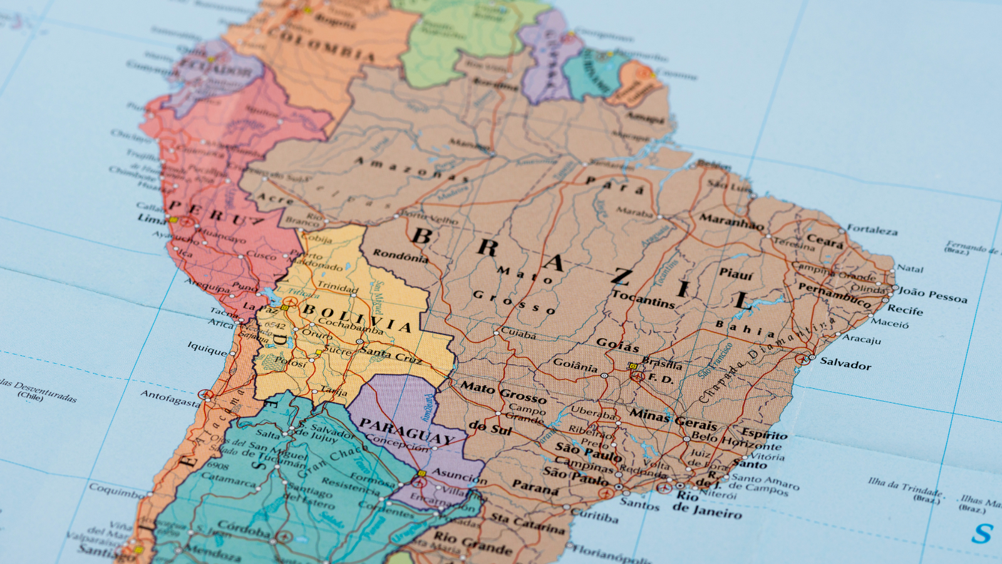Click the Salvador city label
click(845, 363)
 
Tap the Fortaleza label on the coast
click(872, 230)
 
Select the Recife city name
click(904, 310)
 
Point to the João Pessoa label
click(932, 294)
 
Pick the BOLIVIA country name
click(357, 317)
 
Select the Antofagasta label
click(170, 397)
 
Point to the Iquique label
click(207, 348)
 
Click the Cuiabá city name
click(519, 334)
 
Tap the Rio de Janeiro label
click(706, 505)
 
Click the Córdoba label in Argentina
click(244, 530)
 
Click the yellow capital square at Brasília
click(633, 366)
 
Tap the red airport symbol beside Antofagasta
click(205, 394)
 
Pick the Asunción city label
click(459, 476)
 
